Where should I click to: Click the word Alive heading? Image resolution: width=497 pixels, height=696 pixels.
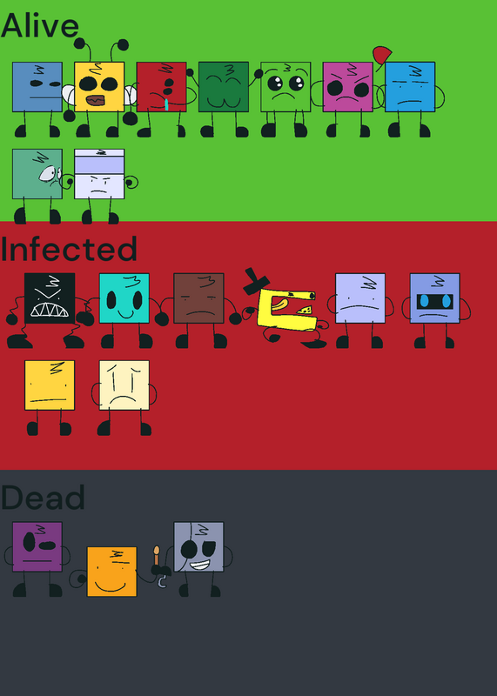(40, 26)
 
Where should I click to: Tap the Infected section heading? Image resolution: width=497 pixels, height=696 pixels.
(69, 249)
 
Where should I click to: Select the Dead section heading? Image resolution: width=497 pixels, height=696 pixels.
(43, 497)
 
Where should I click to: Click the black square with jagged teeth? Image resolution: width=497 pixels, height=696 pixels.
(50, 298)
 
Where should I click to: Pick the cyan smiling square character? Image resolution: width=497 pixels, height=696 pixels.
(124, 298)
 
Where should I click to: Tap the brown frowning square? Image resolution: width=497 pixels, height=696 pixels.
(198, 298)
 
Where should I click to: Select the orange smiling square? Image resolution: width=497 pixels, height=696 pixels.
(111, 572)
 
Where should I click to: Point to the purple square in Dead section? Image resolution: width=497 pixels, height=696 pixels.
(37, 547)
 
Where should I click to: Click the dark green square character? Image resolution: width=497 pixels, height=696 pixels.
(224, 87)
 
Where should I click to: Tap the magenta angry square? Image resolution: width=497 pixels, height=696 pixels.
(348, 87)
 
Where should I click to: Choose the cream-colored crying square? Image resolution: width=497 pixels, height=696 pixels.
(124, 385)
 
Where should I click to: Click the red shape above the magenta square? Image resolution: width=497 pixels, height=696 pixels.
(382, 55)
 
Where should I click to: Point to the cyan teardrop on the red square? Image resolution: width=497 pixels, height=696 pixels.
(166, 104)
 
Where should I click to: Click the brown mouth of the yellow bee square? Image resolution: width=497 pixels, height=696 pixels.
(96, 101)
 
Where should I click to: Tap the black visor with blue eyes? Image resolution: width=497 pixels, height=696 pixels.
(435, 301)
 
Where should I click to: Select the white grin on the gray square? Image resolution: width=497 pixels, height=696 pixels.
(199, 565)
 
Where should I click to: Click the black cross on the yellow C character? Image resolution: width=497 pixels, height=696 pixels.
(256, 282)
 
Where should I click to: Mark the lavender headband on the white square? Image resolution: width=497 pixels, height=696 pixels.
(99, 165)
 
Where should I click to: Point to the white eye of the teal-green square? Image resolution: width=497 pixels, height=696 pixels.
(49, 173)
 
